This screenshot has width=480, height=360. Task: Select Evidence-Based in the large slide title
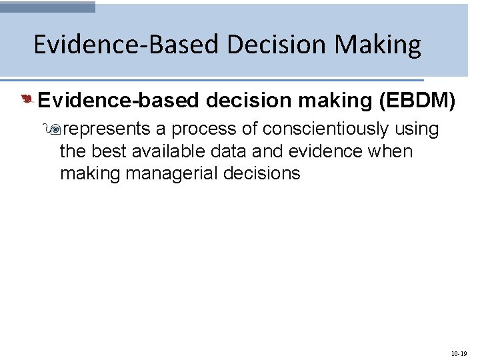tap(126, 45)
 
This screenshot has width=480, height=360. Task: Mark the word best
tap(108, 151)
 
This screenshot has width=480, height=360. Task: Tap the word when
tap(391, 151)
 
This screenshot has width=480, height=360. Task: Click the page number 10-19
tap(460, 353)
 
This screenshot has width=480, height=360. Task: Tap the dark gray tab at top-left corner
tap(48, 7)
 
